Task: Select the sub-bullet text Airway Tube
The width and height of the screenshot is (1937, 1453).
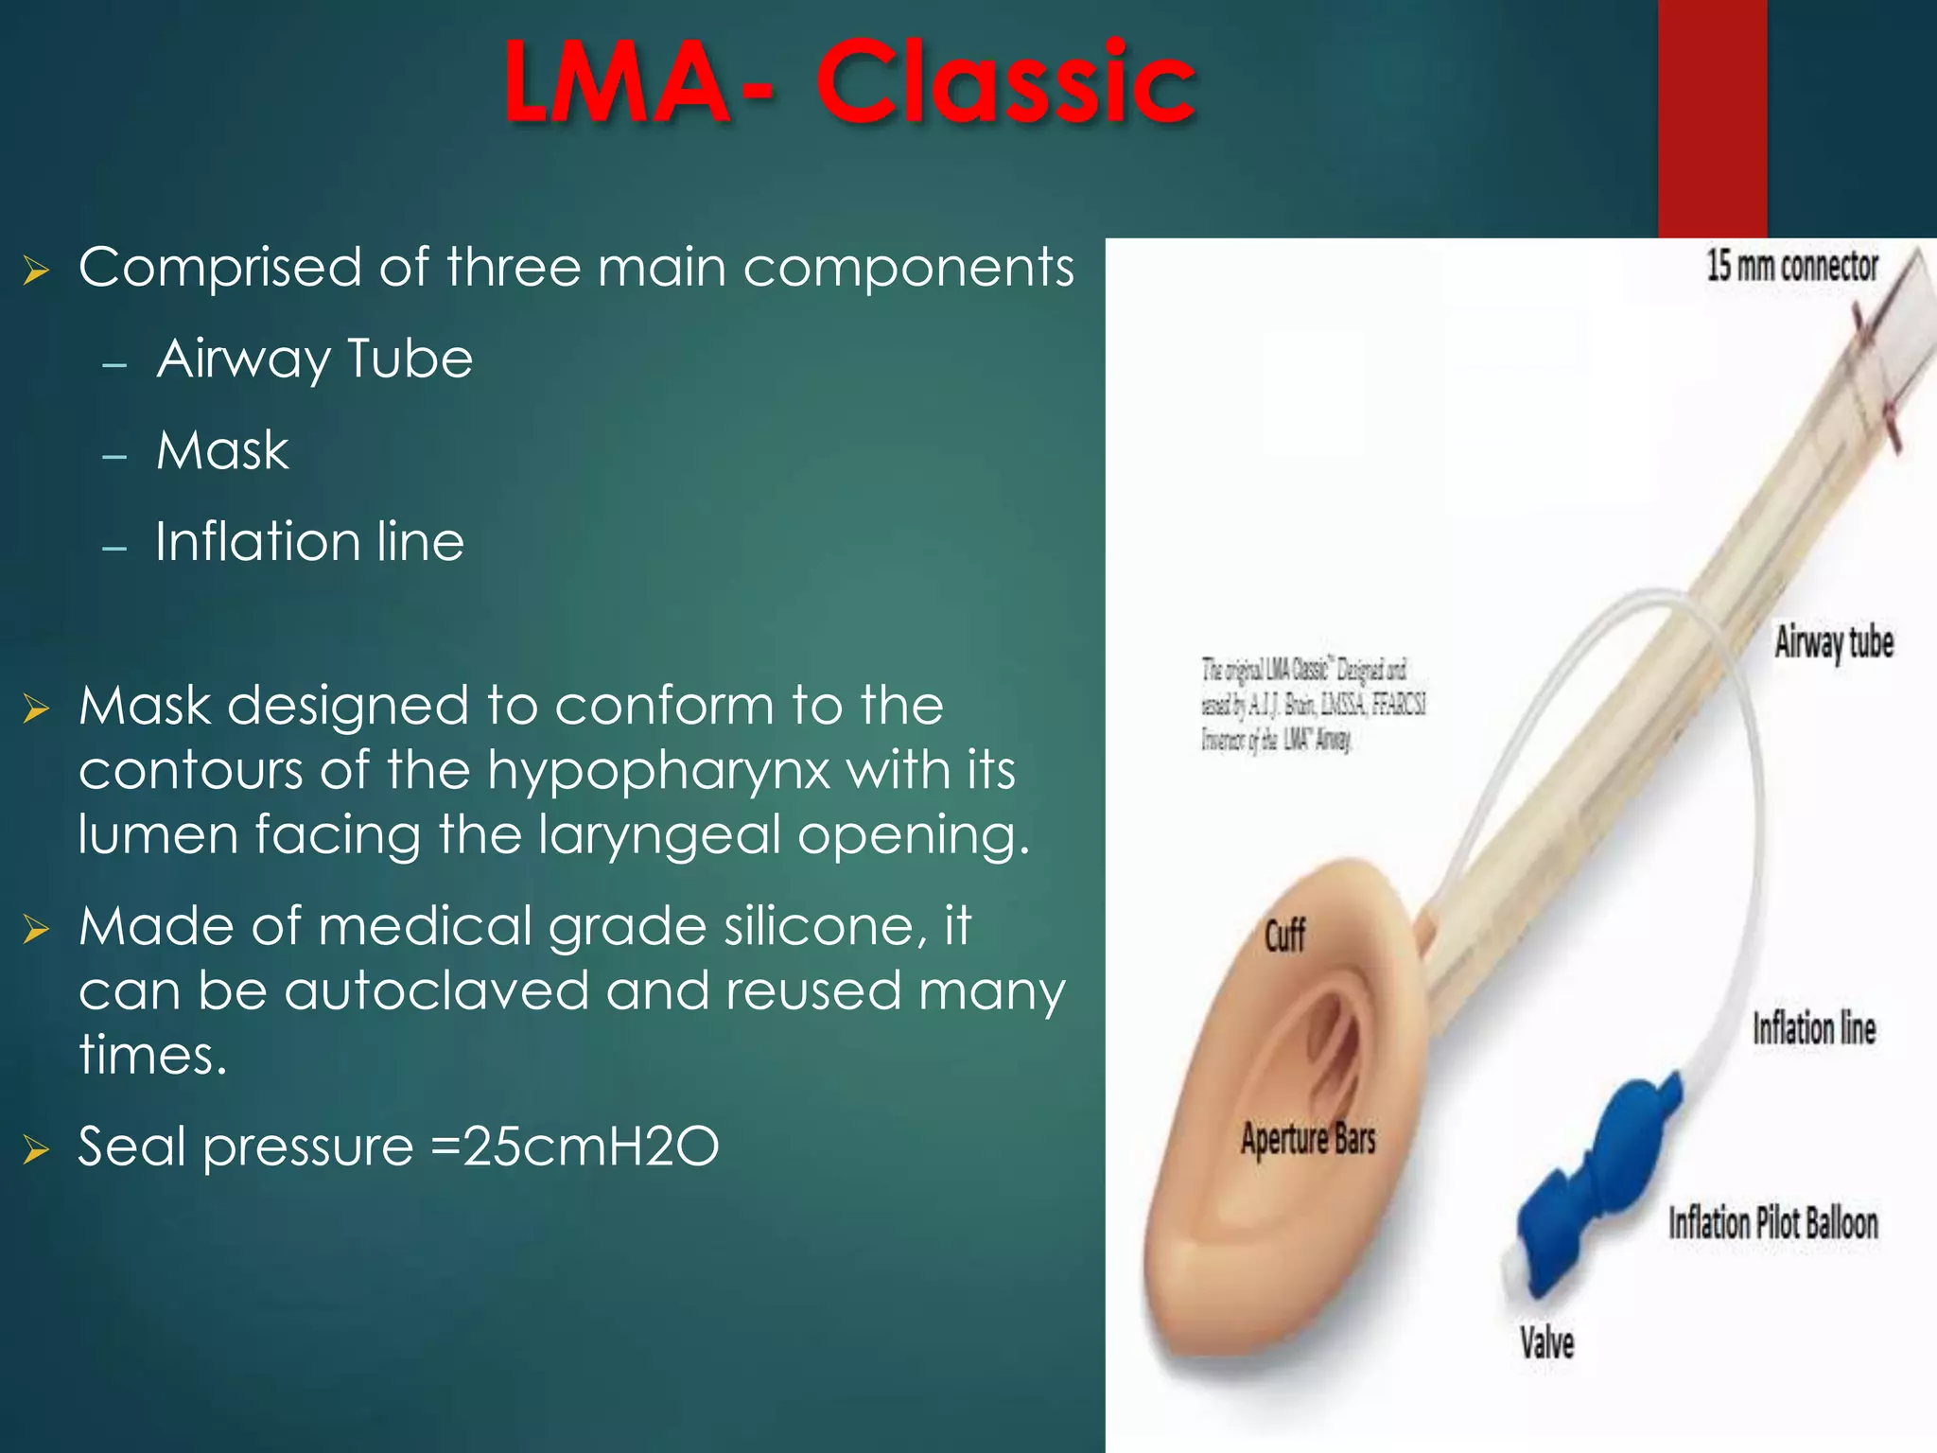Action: coord(314,359)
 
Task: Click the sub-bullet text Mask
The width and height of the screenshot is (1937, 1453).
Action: coord(222,450)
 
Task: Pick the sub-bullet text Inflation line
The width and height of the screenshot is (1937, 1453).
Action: coord(309,542)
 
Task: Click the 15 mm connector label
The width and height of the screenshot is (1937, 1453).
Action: coord(1791,267)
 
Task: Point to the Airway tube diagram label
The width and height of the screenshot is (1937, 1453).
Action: coord(1833,643)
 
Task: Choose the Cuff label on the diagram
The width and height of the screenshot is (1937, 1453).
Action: coord(1284,937)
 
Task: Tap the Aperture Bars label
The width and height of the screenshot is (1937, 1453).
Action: coord(1308,1139)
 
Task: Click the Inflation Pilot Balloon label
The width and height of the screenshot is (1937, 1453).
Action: coord(1772,1223)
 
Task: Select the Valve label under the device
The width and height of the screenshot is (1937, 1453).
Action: coord(1547,1343)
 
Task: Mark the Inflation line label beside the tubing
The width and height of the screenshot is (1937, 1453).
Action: coord(1813,1029)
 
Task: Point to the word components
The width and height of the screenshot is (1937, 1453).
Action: coord(908,268)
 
